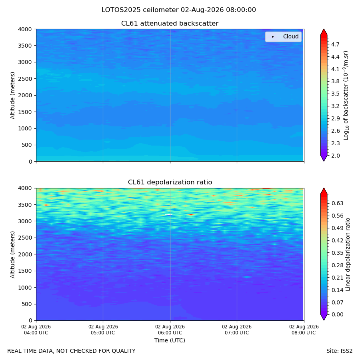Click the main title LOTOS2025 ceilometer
(x=140, y=10)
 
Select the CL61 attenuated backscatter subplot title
(x=170, y=24)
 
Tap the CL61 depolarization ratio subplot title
(x=170, y=182)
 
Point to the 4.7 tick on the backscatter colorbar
(x=335, y=44)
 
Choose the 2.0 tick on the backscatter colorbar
(x=335, y=156)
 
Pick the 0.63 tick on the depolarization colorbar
(x=337, y=204)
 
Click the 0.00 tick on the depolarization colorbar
(x=337, y=314)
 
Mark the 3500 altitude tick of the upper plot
(x=25, y=46)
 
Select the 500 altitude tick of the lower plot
(x=27, y=304)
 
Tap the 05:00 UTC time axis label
(x=103, y=333)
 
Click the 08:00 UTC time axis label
(x=304, y=333)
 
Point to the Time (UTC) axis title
(x=170, y=340)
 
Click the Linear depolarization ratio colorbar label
(x=348, y=254)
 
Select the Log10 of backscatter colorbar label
(x=346, y=96)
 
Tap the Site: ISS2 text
(x=339, y=351)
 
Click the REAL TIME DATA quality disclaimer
(x=72, y=351)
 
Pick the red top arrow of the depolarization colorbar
(x=324, y=191)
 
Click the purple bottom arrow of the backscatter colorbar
(x=324, y=158)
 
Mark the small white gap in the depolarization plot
(x=169, y=215)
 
